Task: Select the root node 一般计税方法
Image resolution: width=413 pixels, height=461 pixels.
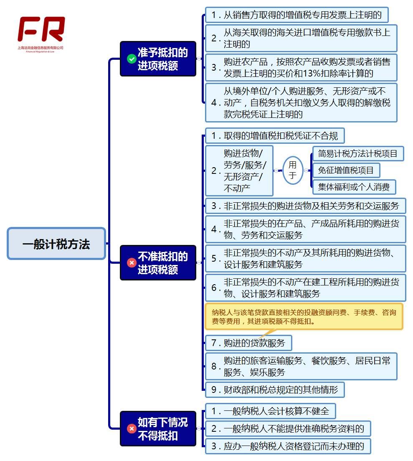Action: (x=56, y=244)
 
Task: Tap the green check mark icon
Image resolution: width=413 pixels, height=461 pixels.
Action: (x=132, y=59)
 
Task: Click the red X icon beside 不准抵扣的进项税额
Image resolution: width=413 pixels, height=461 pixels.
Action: (x=132, y=263)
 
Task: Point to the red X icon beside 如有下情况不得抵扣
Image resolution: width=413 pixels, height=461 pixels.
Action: (x=132, y=429)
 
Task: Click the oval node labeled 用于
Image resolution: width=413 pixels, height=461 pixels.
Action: (x=293, y=170)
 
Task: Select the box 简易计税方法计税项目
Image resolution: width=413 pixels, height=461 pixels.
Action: (x=358, y=153)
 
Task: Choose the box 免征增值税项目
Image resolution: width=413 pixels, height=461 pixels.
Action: (x=346, y=170)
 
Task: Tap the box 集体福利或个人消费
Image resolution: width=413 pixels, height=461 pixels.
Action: (x=354, y=187)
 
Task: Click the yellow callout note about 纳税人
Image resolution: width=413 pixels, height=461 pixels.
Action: (x=304, y=316)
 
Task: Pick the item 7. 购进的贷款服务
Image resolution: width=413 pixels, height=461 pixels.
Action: (x=248, y=343)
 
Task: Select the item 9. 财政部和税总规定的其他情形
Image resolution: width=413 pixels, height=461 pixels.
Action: (x=275, y=390)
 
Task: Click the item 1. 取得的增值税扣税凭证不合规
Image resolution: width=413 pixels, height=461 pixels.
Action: (x=275, y=136)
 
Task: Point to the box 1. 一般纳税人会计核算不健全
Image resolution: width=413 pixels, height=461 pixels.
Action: (x=270, y=411)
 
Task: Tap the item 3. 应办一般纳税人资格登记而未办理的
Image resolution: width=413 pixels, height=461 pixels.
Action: (x=287, y=446)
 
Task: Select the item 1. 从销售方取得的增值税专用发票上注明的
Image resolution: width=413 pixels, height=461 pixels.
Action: (x=296, y=15)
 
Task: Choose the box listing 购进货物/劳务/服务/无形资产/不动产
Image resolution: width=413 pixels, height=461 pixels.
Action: (x=239, y=171)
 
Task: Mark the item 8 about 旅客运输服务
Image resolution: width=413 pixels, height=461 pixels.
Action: (x=301, y=366)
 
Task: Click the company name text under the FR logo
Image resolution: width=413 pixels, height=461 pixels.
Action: (x=41, y=48)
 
